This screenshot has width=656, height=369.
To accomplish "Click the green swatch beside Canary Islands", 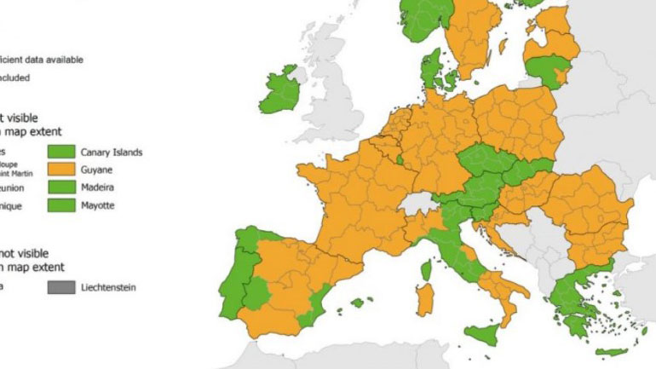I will (x=62, y=153).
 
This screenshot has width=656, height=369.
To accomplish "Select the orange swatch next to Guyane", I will (x=62, y=170).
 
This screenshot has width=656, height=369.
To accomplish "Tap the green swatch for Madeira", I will (x=62, y=188).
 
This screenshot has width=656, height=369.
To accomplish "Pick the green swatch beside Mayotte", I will (x=62, y=205).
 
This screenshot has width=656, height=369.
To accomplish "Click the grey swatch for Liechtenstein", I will (x=62, y=287).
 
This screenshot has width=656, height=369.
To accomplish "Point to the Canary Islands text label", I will (x=112, y=153).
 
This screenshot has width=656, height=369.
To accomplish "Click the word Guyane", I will (x=98, y=170).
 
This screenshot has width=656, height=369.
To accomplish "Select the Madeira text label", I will (x=99, y=188).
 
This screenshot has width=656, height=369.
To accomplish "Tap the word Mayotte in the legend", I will (x=100, y=205).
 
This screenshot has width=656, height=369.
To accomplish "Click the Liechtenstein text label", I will (x=108, y=288).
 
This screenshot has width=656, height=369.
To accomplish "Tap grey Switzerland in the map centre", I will (x=417, y=204).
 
